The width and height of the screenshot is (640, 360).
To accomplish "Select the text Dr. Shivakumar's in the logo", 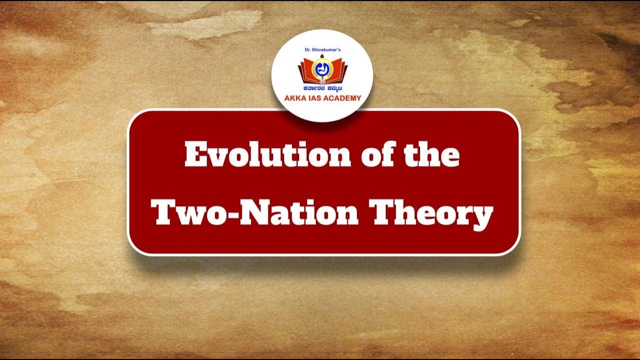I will tap(322, 50).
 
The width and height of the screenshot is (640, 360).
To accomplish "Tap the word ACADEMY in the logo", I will tap(342, 98).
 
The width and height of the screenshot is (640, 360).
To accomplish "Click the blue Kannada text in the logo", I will tap(322, 88).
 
